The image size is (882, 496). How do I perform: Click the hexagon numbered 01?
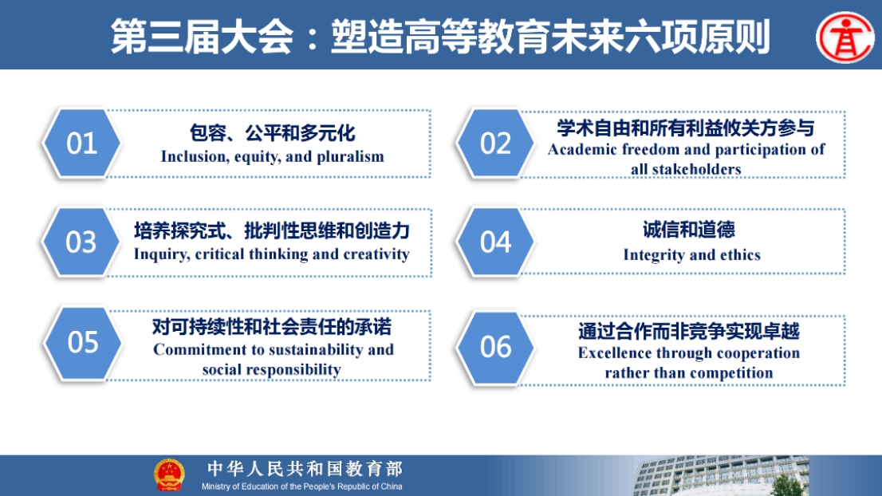[81, 143]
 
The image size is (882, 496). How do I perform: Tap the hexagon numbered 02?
[495, 143]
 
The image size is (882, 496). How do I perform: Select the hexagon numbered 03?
[81, 242]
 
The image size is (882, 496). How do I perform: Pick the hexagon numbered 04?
[495, 242]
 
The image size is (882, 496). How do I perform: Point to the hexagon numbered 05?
[83, 342]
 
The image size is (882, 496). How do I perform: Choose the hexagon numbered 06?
[495, 346]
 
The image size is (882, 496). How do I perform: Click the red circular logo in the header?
[845, 37]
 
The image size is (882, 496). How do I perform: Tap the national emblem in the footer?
[169, 475]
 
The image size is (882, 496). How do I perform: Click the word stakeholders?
[696, 169]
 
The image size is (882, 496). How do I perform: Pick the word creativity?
[376, 254]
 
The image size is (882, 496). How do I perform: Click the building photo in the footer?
[722, 476]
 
